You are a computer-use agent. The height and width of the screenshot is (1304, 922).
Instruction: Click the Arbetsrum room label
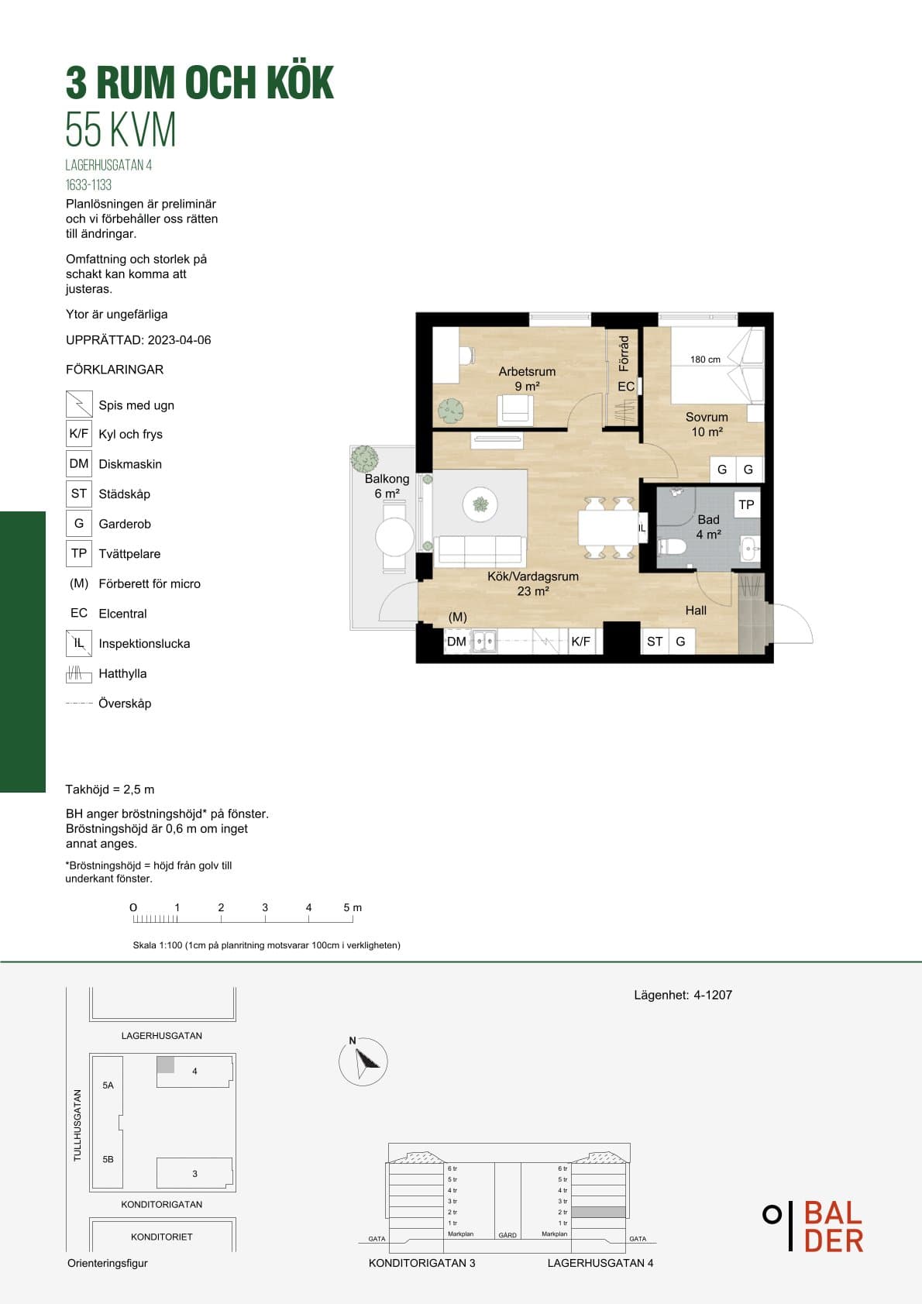click(x=527, y=371)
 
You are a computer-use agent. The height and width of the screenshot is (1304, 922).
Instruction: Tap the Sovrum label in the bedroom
click(x=707, y=417)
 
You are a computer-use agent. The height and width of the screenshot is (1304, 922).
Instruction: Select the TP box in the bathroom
click(x=746, y=504)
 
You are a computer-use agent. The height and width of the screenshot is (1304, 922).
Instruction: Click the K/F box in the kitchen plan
click(x=581, y=642)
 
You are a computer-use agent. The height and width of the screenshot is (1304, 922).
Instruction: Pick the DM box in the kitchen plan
click(x=456, y=642)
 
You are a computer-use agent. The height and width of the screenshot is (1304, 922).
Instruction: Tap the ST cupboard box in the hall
click(x=654, y=642)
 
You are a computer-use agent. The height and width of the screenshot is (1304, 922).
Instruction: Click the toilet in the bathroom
click(x=671, y=547)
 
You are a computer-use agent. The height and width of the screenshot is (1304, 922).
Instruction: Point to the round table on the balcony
click(x=394, y=537)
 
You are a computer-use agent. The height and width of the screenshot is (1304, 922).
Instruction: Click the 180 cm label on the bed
click(x=705, y=360)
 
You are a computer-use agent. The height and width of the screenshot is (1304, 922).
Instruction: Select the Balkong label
click(x=387, y=479)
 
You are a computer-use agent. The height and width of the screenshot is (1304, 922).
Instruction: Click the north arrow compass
click(x=363, y=1061)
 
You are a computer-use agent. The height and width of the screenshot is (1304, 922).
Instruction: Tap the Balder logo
click(x=814, y=1226)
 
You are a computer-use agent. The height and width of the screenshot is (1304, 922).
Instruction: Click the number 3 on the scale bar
click(x=265, y=907)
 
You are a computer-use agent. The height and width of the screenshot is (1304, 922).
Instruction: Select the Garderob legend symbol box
click(x=79, y=523)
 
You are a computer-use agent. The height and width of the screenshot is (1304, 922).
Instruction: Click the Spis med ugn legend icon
click(x=79, y=404)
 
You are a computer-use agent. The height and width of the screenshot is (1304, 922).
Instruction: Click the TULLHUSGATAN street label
click(x=77, y=1125)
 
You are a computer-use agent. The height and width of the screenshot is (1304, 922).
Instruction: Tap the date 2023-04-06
click(x=179, y=340)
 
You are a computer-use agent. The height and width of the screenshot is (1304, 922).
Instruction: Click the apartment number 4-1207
click(x=713, y=995)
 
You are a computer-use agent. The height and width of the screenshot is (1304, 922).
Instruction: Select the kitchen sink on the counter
click(x=484, y=642)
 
